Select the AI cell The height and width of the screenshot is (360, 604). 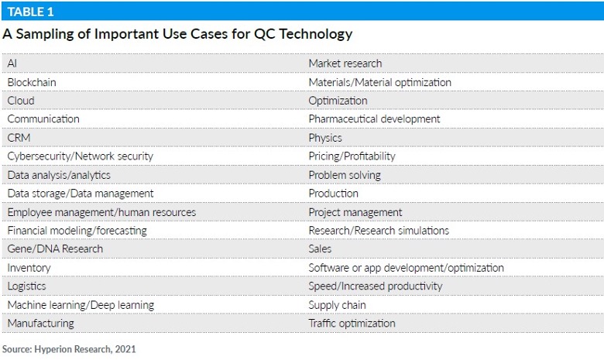[x=12, y=63]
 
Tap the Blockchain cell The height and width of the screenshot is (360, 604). [x=32, y=81]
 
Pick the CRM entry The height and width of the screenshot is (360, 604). [x=19, y=137]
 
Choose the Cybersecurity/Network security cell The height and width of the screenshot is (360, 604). [x=81, y=156]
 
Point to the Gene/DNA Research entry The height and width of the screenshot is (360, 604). [x=55, y=249]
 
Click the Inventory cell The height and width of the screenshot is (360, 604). [x=29, y=267]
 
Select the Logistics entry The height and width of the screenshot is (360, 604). [x=27, y=286]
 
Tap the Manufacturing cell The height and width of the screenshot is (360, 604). [x=41, y=323]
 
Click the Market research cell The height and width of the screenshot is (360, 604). [x=345, y=63]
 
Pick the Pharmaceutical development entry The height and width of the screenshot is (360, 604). [x=374, y=118]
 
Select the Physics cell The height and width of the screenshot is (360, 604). [x=325, y=137]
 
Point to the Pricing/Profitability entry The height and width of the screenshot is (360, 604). [x=352, y=156]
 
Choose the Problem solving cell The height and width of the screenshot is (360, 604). [x=345, y=174]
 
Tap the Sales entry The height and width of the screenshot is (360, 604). [x=320, y=249]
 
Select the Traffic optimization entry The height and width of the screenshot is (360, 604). [x=352, y=323]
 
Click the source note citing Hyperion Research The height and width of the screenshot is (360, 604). [x=69, y=348]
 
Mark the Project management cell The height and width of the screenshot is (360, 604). [x=355, y=211]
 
